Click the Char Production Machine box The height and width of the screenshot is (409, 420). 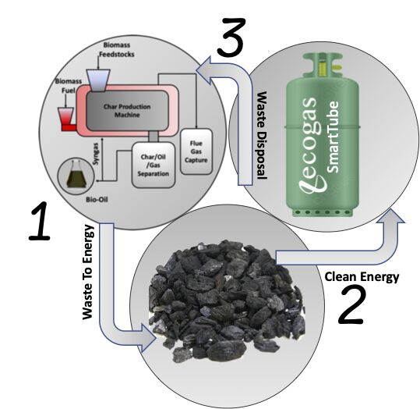pos(127,111)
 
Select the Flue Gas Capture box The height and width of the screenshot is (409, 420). pos(196,151)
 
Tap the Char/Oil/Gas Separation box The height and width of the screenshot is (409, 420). pos(154,165)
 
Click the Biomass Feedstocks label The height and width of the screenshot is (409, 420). pos(117,50)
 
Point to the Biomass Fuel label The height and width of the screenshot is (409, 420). pos(69,86)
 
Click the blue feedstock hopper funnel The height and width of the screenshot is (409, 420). pos(98,80)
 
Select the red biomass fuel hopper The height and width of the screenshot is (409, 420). pos(66,119)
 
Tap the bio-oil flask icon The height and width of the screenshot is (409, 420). pos(76,175)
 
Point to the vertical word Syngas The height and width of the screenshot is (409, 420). pos(96,154)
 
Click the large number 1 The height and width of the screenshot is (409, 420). pos(40,222)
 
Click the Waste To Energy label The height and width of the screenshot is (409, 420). pos(88,272)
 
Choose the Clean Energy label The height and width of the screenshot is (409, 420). pos(362,276)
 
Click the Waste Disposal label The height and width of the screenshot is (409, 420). pos(262,136)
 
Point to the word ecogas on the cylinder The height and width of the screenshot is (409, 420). pos(312,145)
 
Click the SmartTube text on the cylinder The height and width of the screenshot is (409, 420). pos(333,137)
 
